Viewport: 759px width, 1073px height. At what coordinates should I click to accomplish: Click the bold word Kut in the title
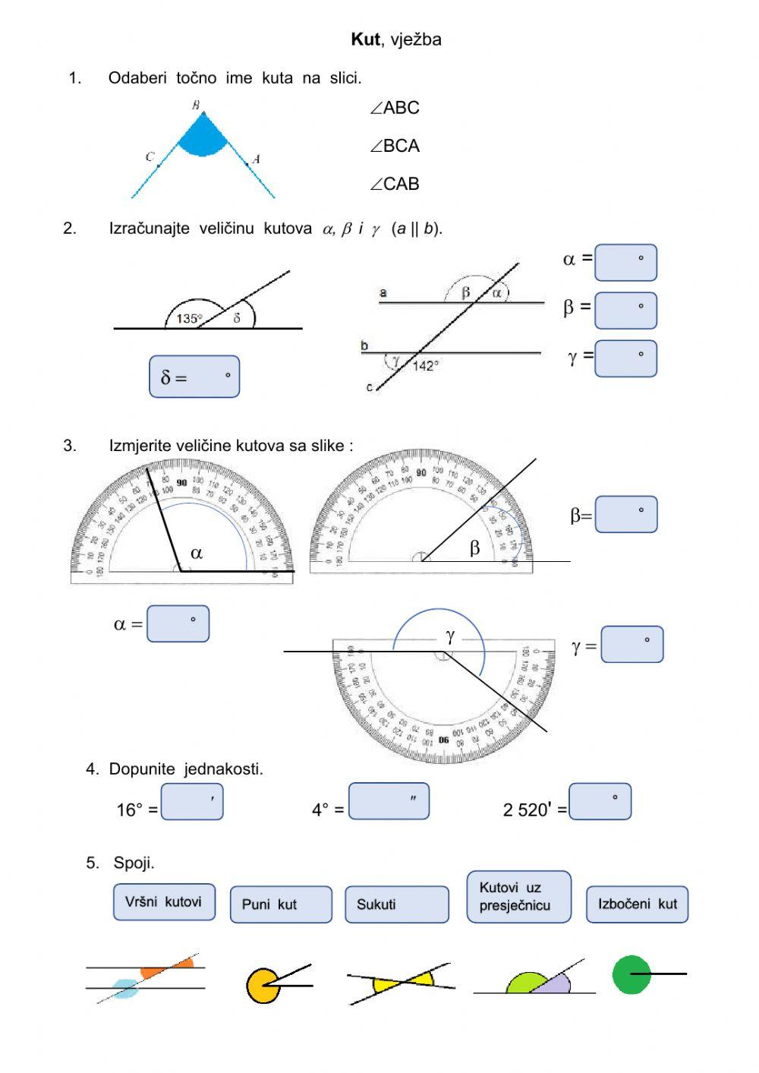(x=364, y=39)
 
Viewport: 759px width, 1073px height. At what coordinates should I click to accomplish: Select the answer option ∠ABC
(x=395, y=108)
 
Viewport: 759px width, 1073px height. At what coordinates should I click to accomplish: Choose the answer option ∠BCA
(x=395, y=146)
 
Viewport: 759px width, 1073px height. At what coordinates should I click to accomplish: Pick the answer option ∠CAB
(x=395, y=184)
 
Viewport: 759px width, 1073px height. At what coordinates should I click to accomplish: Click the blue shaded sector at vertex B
(x=201, y=138)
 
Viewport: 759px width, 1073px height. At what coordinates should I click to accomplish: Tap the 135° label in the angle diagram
(x=189, y=319)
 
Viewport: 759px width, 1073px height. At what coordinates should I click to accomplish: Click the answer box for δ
(x=194, y=377)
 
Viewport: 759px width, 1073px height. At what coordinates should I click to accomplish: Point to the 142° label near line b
(x=426, y=366)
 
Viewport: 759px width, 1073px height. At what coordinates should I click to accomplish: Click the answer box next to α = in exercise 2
(x=625, y=262)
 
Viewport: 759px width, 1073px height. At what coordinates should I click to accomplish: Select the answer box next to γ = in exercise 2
(x=625, y=358)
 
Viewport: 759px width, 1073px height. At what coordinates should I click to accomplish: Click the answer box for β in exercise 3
(x=625, y=514)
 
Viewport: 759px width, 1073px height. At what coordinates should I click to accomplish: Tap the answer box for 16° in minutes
(x=192, y=801)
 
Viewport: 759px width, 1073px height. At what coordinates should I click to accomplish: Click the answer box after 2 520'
(x=600, y=801)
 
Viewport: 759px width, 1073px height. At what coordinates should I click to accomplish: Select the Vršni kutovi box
(x=164, y=902)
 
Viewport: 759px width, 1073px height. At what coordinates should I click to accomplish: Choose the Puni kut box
(x=281, y=904)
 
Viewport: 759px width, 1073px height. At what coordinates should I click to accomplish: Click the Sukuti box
(x=396, y=904)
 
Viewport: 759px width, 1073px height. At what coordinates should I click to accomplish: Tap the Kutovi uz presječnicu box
(x=518, y=897)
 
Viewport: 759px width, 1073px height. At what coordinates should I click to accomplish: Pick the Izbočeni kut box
(x=637, y=904)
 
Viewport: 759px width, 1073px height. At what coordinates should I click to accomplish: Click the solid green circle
(x=631, y=975)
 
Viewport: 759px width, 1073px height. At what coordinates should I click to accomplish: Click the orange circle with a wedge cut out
(x=260, y=986)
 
